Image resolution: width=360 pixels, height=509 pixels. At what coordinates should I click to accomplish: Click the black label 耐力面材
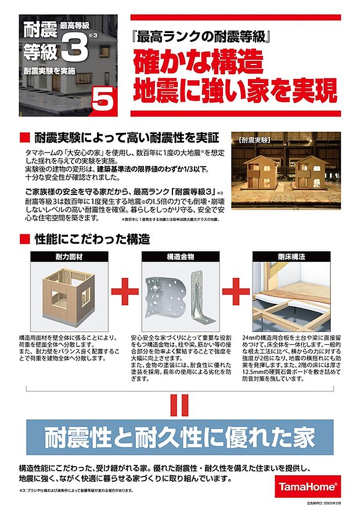tap(65, 255)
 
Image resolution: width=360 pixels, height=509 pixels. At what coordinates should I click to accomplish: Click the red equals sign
tap(179, 405)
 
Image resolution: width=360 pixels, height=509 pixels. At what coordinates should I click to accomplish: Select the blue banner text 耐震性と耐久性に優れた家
tap(179, 436)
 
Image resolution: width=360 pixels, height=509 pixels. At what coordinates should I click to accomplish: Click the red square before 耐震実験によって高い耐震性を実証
tap(24, 138)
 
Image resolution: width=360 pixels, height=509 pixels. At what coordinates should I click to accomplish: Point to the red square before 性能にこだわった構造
tap(24, 239)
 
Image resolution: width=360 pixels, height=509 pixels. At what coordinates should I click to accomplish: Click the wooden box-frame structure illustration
tap(65, 295)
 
